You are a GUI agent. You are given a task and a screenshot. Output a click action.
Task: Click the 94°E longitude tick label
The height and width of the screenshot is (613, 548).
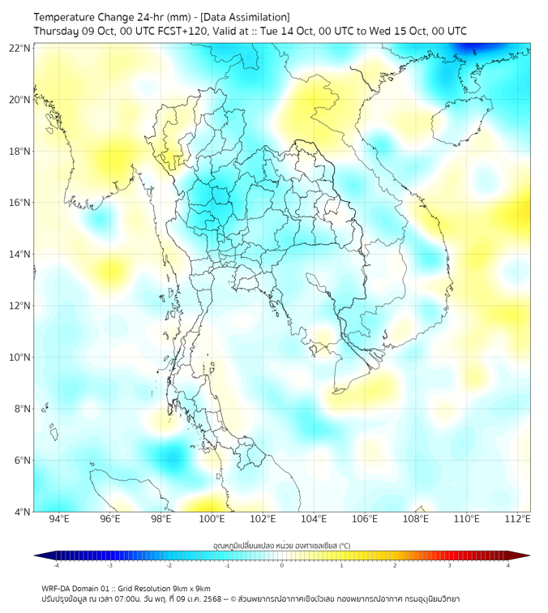click(x=59, y=519)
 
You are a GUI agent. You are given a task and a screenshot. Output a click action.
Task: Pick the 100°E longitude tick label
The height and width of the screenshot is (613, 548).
click(x=212, y=519)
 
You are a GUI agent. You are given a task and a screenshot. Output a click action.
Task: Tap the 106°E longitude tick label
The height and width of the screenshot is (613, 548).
click(x=365, y=519)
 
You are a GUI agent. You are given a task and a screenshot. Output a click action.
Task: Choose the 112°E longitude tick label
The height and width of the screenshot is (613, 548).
click(x=518, y=519)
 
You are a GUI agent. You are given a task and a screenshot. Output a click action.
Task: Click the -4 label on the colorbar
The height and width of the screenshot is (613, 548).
click(x=57, y=565)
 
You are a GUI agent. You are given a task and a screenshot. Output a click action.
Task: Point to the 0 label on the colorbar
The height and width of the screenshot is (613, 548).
click(x=282, y=565)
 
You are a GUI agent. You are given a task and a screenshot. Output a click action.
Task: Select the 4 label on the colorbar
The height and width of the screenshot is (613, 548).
click(x=507, y=565)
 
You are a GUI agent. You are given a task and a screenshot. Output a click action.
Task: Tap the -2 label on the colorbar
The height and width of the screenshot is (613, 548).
click(x=169, y=565)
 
